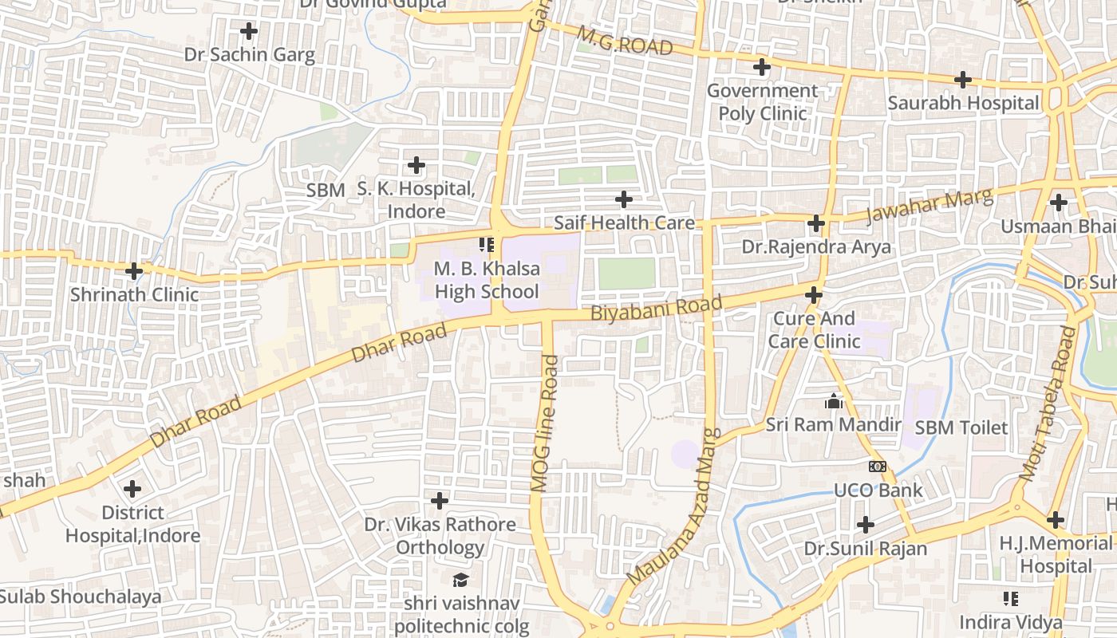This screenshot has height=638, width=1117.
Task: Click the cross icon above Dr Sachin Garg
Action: (x=249, y=31)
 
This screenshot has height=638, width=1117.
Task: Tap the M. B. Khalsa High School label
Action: (x=487, y=280)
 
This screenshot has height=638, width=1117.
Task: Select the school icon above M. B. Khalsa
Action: (x=487, y=244)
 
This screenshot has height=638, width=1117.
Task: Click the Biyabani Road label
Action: (x=656, y=308)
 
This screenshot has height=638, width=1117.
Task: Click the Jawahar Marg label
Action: (x=930, y=207)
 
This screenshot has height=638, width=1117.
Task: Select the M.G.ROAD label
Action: (x=625, y=41)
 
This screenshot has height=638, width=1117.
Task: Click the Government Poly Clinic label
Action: (x=762, y=102)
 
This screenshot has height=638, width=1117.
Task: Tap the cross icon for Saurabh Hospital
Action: (x=963, y=80)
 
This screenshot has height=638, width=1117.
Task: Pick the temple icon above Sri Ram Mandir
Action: (x=834, y=401)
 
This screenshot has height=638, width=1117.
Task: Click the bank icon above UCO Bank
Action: (x=878, y=467)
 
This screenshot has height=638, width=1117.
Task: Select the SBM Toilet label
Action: (x=961, y=427)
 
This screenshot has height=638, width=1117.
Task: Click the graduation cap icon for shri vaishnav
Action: (x=460, y=580)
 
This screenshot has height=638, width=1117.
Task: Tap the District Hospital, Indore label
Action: (x=132, y=524)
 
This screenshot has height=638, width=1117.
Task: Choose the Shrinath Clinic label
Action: (x=134, y=294)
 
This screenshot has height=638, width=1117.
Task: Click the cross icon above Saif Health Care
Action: (x=624, y=199)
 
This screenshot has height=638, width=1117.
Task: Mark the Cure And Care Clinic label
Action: (x=814, y=330)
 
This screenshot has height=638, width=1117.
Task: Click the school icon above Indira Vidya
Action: (x=1011, y=598)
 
